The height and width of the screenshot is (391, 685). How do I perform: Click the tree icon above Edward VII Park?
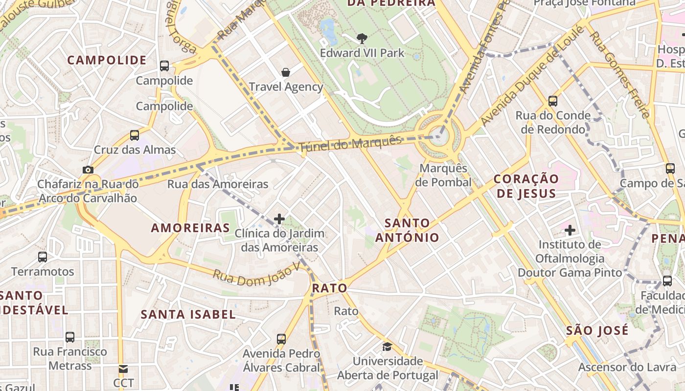(362, 38)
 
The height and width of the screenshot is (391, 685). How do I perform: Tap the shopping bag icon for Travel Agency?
(286, 72)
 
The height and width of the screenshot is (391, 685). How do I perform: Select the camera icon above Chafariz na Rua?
(88, 170)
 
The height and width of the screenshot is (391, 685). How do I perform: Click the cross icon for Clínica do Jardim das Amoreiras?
(279, 218)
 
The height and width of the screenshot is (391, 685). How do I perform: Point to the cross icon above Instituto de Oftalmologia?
(570, 229)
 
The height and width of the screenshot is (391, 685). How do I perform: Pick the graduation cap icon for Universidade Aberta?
(388, 347)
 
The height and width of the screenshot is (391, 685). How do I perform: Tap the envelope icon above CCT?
(123, 369)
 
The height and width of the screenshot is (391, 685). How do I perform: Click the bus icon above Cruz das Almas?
(135, 135)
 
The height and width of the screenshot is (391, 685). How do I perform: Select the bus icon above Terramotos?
(43, 257)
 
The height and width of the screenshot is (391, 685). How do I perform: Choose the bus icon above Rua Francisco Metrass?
(70, 337)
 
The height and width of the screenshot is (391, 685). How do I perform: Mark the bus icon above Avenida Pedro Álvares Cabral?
(281, 339)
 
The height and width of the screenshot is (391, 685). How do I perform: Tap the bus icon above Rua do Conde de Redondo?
(553, 101)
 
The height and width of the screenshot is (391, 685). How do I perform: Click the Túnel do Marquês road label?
(350, 143)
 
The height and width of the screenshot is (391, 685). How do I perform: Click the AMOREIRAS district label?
(190, 228)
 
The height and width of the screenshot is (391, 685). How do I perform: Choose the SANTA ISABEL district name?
(188, 314)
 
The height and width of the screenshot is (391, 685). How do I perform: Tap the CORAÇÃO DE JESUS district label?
(526, 186)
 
